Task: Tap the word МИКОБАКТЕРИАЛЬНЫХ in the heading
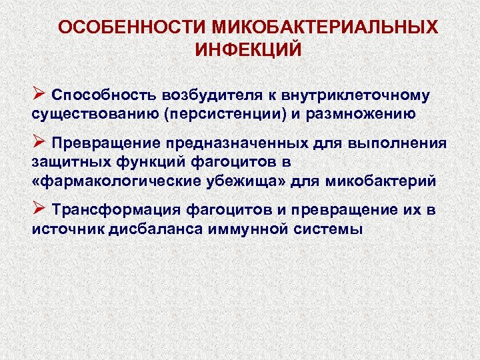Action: pyautogui.click(x=326, y=27)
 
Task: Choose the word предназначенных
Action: pyautogui.click(x=242, y=144)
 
